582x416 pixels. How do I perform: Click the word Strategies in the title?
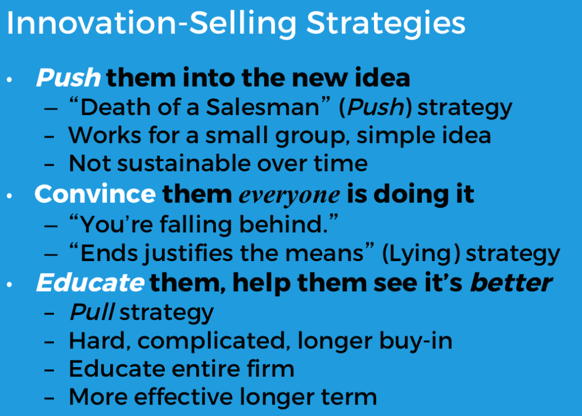pos(386,24)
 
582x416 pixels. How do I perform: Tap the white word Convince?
pos(95,194)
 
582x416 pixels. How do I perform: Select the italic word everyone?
pos(289,196)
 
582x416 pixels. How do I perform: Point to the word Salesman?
pos(263,107)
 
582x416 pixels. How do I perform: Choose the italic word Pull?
pos(92,312)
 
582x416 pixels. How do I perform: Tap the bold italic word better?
pos(512,283)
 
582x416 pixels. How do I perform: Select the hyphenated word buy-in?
pos(415,341)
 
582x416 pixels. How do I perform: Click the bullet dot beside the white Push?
pos(10,79)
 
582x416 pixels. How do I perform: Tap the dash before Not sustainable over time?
pos(49,165)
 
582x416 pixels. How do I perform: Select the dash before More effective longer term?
pos(49,398)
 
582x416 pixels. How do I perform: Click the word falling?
pos(196,225)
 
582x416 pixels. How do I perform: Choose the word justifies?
pos(190,254)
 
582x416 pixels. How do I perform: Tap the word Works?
pos(105,135)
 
